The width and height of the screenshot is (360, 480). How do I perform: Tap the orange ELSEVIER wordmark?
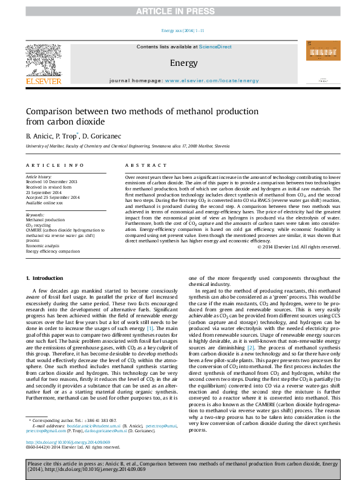[x=43, y=81]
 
